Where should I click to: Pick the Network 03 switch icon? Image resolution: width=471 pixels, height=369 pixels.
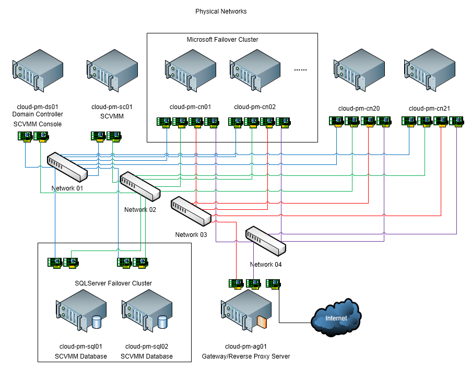point(191,211)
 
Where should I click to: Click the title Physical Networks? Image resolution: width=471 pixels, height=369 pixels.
point(221,11)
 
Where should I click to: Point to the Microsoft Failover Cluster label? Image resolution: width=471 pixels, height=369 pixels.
point(222,40)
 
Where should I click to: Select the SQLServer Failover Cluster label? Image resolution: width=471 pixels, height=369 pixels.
point(113,283)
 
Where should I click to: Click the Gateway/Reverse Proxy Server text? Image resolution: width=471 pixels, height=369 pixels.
point(246,356)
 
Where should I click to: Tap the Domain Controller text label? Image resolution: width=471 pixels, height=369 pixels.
point(37,114)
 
